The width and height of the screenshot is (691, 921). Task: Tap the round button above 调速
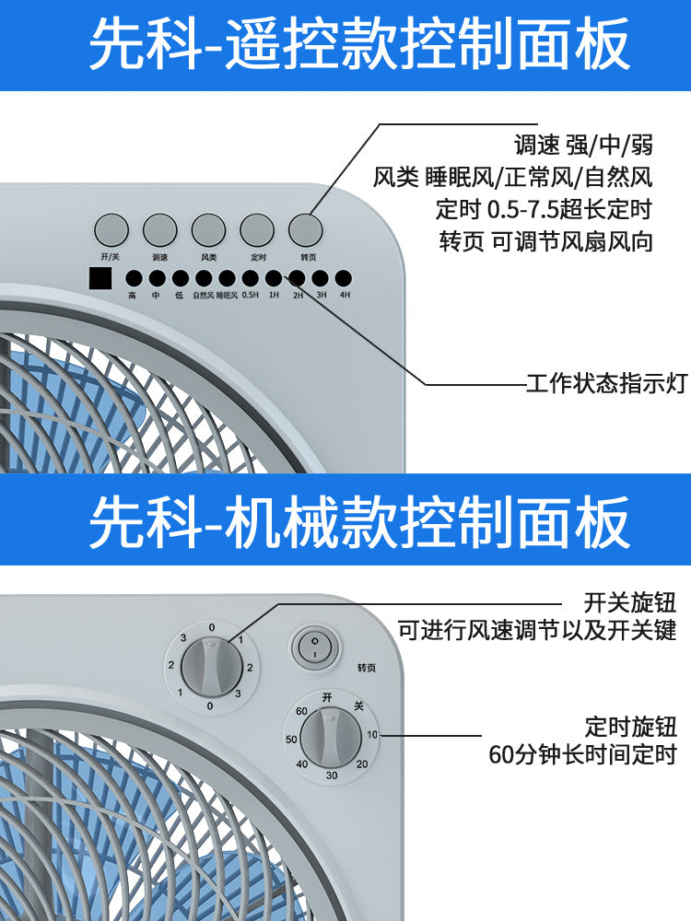click(x=159, y=230)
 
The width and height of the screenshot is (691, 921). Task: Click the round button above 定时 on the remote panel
click(x=257, y=230)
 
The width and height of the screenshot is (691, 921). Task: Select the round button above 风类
click(x=208, y=230)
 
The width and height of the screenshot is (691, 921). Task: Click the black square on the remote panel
click(x=100, y=278)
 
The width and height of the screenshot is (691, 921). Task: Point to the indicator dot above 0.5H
click(x=250, y=278)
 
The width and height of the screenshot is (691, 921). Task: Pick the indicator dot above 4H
click(x=344, y=278)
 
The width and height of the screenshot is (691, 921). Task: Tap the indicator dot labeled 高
click(x=134, y=278)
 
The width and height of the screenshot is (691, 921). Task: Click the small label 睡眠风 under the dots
click(x=227, y=295)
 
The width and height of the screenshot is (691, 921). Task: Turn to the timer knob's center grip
click(x=331, y=737)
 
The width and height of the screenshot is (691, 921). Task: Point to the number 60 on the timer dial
click(x=301, y=711)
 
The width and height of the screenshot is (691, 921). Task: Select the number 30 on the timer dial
click(x=332, y=775)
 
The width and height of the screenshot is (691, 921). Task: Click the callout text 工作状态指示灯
click(x=606, y=383)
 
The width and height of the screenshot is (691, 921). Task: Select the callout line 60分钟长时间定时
click(x=582, y=754)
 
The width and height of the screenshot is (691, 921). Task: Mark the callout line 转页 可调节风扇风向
click(x=545, y=240)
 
